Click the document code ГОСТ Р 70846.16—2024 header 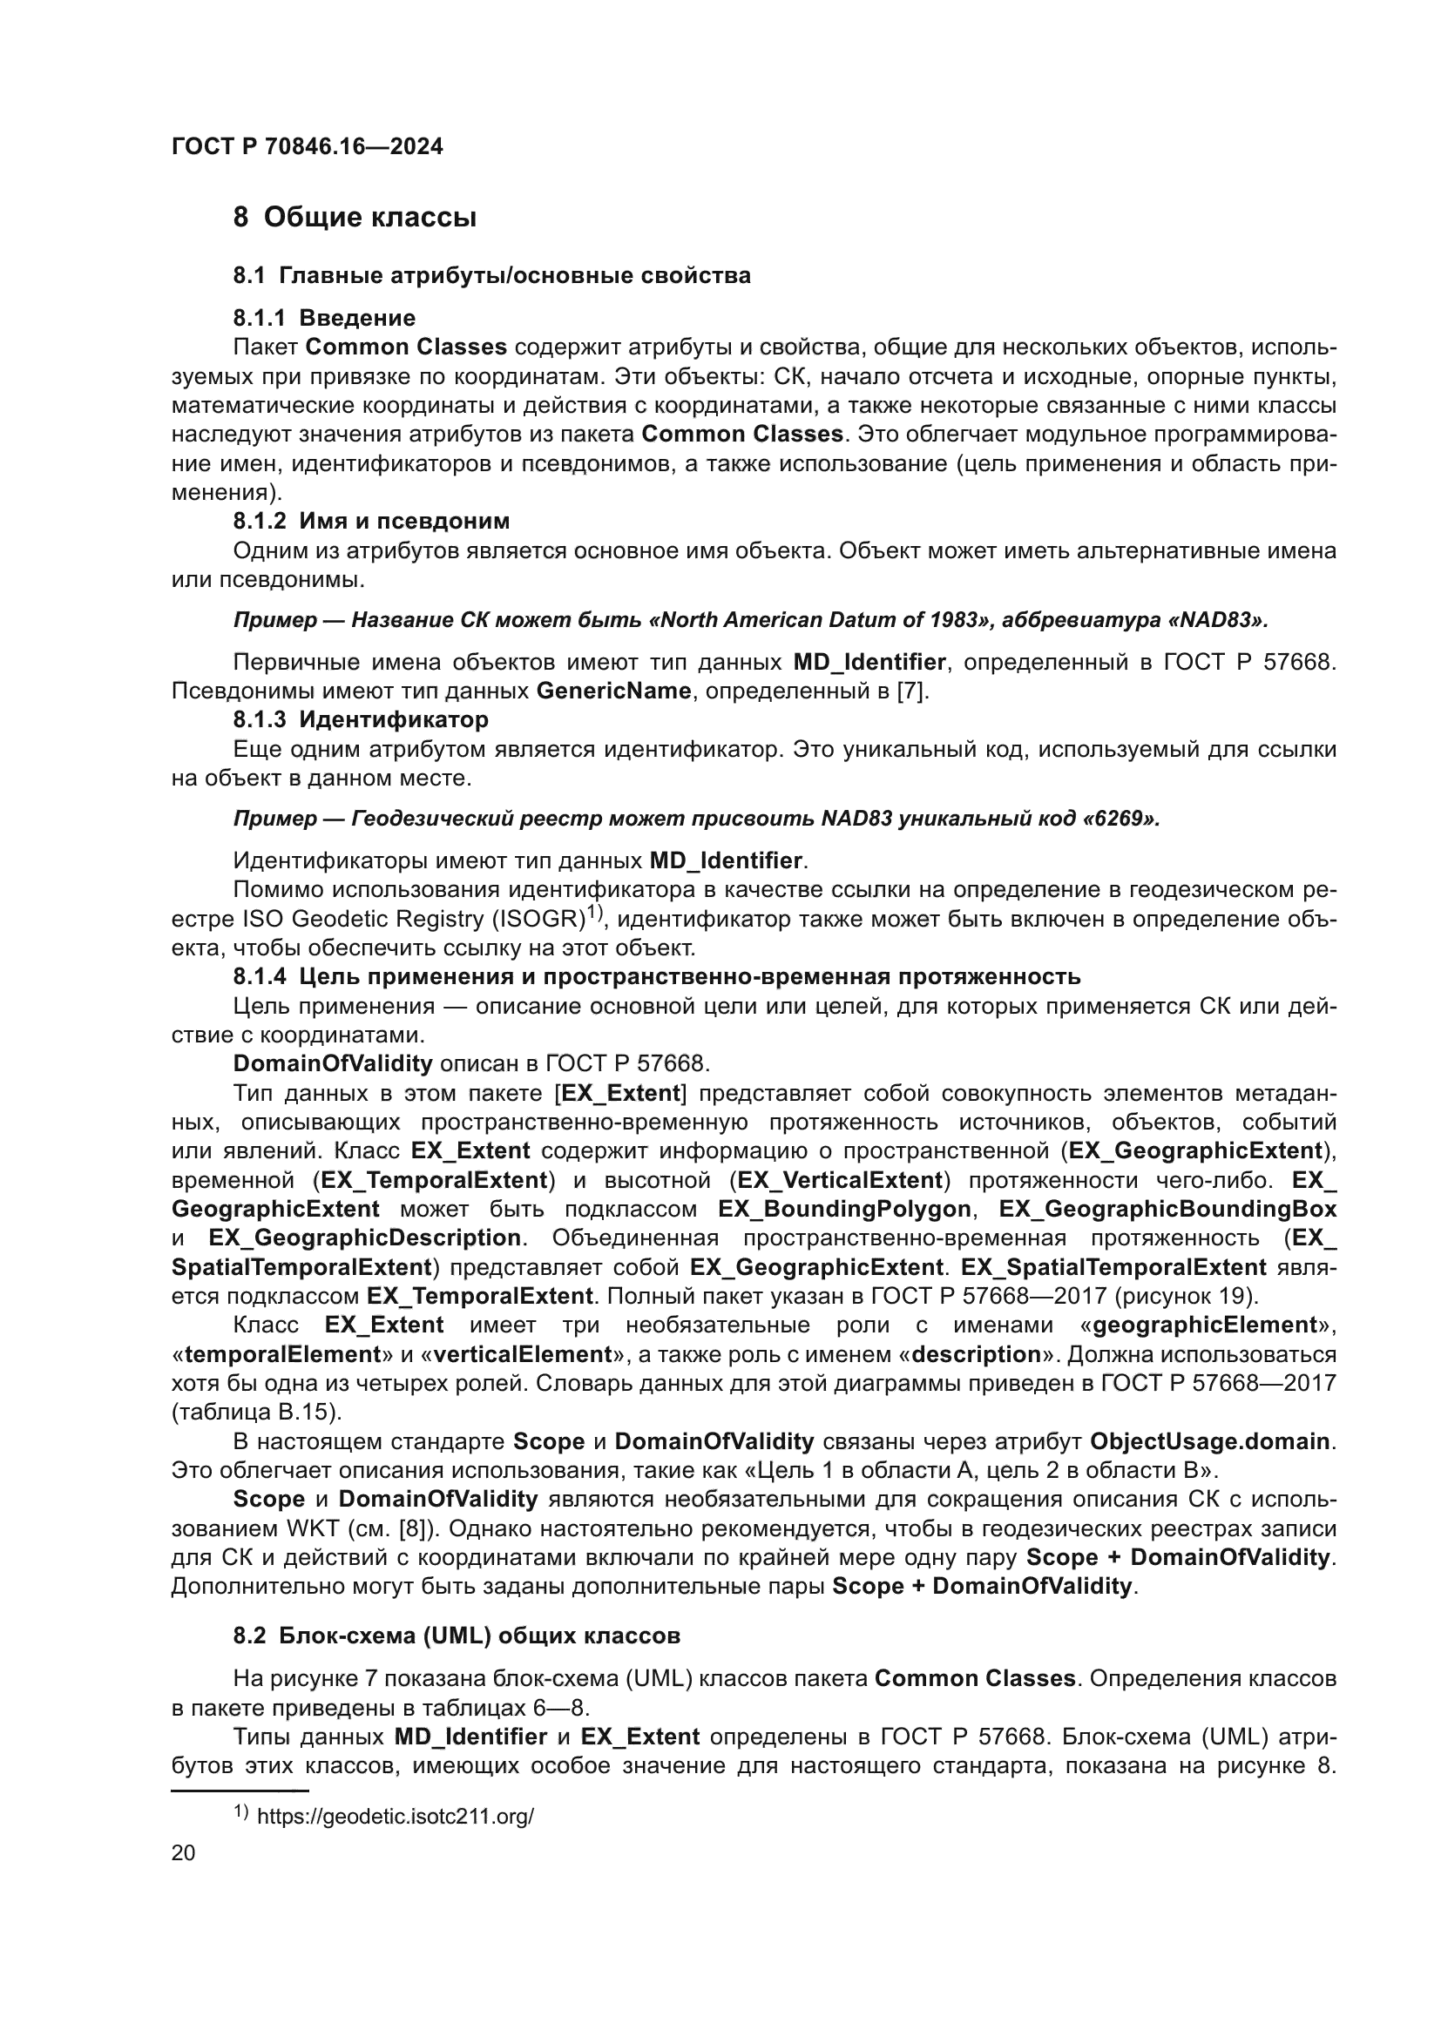[307, 147]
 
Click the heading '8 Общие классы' [355, 218]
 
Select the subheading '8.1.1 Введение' [324, 318]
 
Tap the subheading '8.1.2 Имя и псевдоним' [371, 521]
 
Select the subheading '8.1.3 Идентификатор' [361, 718]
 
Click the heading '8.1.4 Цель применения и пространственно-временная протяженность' [657, 977]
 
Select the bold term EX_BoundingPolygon [844, 1210]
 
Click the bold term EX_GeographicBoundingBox [1167, 1210]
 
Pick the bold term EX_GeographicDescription [365, 1238]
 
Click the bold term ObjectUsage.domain [1209, 1441]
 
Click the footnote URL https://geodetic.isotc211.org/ [395, 1817]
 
